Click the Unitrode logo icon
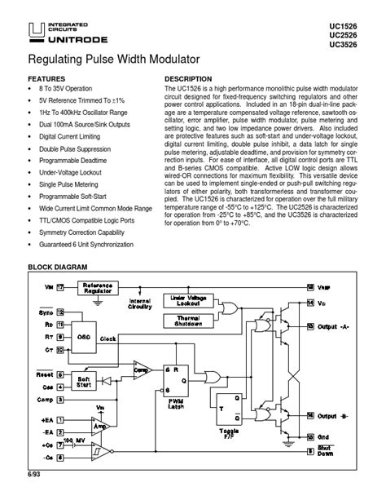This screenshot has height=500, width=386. (35, 31)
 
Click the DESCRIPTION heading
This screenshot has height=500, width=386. (189, 79)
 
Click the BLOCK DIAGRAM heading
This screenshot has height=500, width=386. (64, 267)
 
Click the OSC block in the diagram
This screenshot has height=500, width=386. (84, 335)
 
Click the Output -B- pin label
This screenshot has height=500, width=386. (336, 415)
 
